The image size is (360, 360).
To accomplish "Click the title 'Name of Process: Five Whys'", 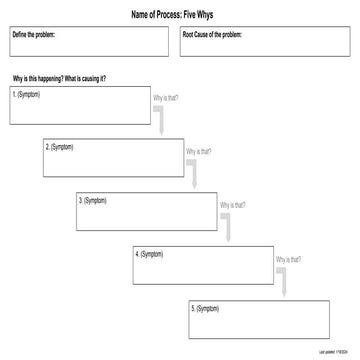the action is [x=180, y=14].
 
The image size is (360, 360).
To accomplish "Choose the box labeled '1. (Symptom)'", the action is [x=79, y=103].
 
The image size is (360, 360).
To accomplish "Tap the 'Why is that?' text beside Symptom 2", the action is [x=198, y=152].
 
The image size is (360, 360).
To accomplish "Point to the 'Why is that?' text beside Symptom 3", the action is [x=232, y=205].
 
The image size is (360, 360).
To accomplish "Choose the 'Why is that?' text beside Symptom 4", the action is [x=288, y=259].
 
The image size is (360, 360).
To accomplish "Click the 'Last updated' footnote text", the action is [x=333, y=353].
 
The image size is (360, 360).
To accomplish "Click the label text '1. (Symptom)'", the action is [x=27, y=93].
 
